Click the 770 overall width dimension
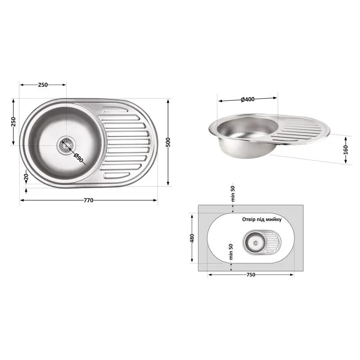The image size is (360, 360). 88,200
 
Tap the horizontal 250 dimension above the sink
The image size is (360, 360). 43,84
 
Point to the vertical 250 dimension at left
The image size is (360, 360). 13,122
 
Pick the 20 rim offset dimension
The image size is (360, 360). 26,178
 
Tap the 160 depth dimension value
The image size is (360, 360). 346,148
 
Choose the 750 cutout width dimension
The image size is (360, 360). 250,275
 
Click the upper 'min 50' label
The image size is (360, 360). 233,193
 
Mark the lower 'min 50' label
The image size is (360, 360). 231,252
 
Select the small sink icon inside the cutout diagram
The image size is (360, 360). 262,242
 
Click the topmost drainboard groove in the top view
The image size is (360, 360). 115,109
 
